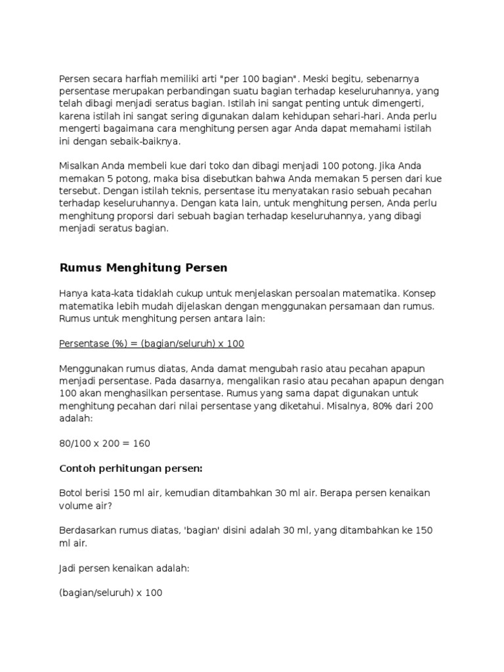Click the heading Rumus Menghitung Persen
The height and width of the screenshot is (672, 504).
pos(143,267)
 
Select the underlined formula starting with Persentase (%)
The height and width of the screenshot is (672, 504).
pos(152,343)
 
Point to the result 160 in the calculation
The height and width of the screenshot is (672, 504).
pos(142,443)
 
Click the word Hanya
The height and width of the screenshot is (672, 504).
pos(73,293)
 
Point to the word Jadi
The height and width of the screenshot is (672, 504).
pos(68,568)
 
